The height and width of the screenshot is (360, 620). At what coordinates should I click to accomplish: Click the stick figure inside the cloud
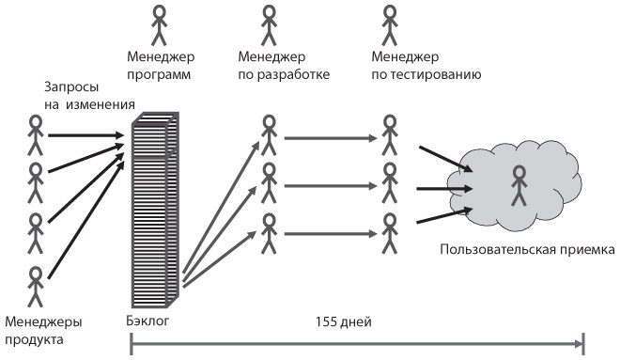point(518,185)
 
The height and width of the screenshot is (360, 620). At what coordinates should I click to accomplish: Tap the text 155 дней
point(347,322)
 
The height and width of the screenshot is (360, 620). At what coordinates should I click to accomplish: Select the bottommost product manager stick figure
point(36,283)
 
